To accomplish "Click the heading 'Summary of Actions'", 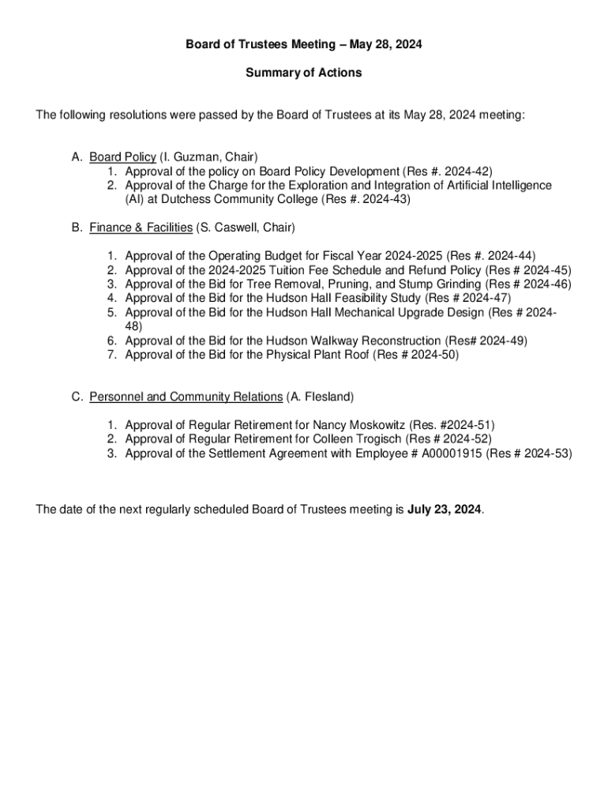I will (x=303, y=73).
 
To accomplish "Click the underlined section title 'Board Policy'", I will (x=122, y=157).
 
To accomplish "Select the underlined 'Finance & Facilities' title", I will (x=141, y=228).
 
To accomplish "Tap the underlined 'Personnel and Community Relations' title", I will (x=186, y=396).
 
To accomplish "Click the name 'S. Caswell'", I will (x=228, y=228).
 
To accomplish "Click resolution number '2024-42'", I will (x=468, y=171).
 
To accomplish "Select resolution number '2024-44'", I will (x=511, y=256).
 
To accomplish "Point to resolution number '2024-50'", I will (x=433, y=355).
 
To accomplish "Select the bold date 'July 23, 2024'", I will (x=444, y=509).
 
